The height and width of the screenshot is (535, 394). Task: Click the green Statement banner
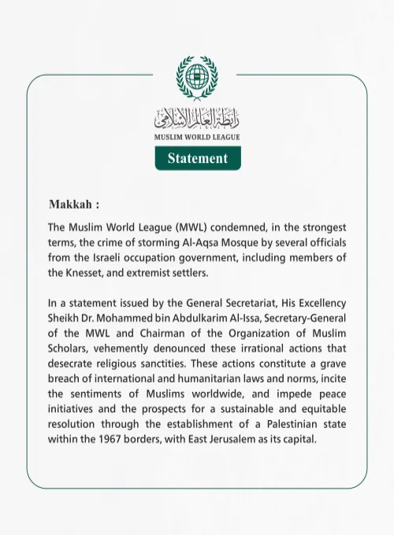pyautogui.click(x=197, y=158)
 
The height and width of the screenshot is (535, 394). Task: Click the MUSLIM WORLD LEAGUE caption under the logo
pyautogui.click(x=197, y=137)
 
